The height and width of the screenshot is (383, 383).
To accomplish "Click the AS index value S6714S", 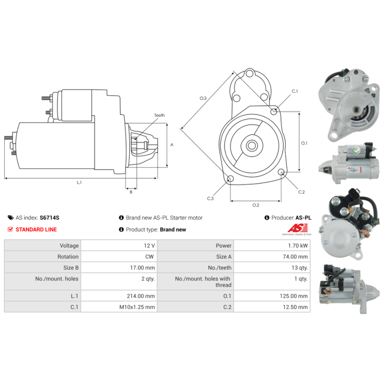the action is pyautogui.click(x=49, y=218).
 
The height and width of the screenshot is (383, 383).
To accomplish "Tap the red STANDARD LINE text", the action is pyautogui.click(x=36, y=229).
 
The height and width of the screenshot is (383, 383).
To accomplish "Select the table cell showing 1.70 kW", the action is pyautogui.click(x=272, y=246).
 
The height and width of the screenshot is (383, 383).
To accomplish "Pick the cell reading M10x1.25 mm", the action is pyautogui.click(x=119, y=307).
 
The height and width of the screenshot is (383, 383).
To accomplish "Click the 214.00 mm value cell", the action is pyautogui.click(x=119, y=296).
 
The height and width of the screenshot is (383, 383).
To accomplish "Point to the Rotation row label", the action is pyautogui.click(x=43, y=257).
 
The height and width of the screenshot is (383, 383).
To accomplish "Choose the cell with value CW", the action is pyautogui.click(x=119, y=257).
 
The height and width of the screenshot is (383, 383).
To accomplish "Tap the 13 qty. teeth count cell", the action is pyautogui.click(x=272, y=268).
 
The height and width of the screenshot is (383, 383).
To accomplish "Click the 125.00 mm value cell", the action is pyautogui.click(x=272, y=296).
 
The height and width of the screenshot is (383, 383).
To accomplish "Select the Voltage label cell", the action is pyautogui.click(x=43, y=246).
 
